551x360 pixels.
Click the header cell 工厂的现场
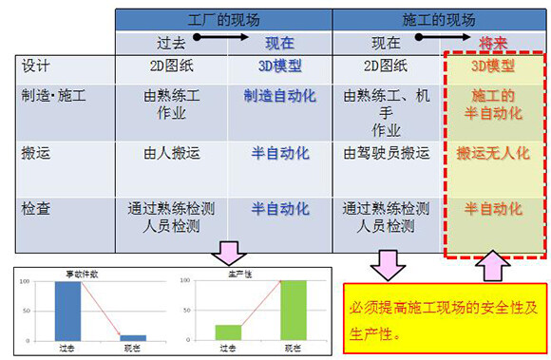224,19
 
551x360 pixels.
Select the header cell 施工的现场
440,19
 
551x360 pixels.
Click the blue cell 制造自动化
280,96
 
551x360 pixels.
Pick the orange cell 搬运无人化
493,152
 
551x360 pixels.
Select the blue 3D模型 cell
280,66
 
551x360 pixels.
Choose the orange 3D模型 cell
493,66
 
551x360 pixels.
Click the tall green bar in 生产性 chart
293,309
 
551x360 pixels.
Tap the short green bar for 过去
228,332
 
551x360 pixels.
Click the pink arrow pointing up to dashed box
493,268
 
